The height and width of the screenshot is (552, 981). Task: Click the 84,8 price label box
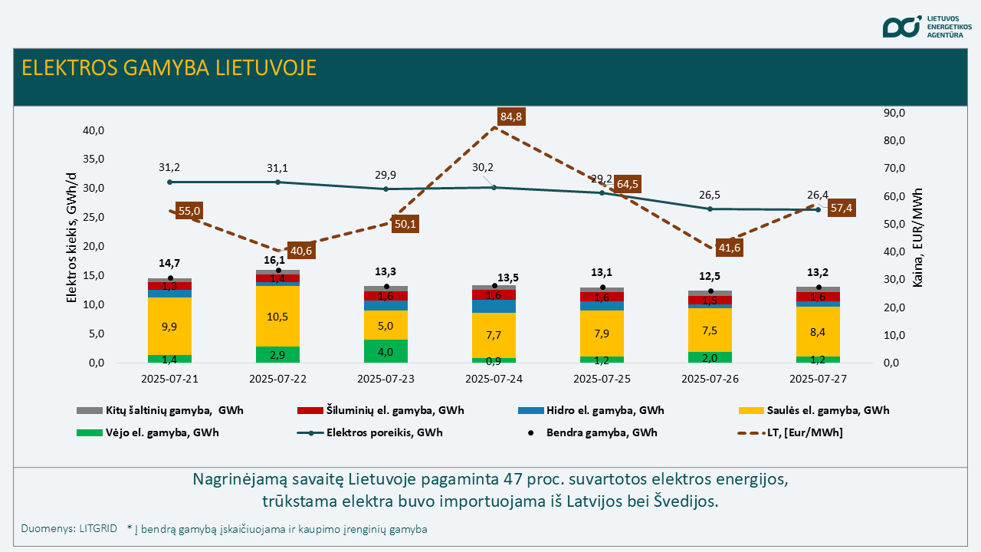tap(510, 117)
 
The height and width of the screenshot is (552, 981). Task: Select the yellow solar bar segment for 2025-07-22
tap(277, 317)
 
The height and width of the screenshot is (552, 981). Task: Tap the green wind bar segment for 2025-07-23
tap(386, 351)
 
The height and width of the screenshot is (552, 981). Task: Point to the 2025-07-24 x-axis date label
tap(494, 379)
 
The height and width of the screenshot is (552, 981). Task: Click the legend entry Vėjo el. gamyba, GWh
tap(148, 433)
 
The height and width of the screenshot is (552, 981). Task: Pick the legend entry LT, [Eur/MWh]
tap(790, 433)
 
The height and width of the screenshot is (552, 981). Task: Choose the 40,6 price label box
tap(301, 251)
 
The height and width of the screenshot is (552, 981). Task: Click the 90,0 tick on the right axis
tap(894, 113)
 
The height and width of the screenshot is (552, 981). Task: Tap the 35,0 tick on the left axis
tap(94, 159)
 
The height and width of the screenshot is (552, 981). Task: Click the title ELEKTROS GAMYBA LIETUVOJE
tap(169, 68)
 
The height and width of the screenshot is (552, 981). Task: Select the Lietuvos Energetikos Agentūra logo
tap(926, 27)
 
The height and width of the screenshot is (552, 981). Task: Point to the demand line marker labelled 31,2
tap(170, 182)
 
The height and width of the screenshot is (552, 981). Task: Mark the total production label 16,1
tap(274, 260)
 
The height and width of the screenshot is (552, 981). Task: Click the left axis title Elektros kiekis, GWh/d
tap(71, 238)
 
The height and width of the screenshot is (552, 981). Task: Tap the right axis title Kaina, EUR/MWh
tap(917, 238)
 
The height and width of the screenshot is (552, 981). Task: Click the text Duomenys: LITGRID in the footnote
tap(69, 529)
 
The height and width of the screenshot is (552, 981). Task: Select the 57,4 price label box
tap(842, 208)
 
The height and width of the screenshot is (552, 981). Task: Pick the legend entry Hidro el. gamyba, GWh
tap(591, 410)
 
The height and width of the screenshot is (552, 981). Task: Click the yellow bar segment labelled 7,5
tap(710, 330)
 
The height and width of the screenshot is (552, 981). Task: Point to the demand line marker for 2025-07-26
tap(710, 209)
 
